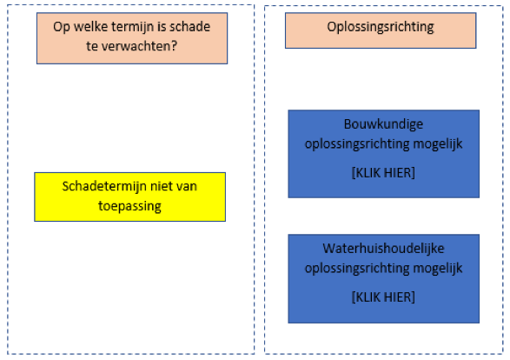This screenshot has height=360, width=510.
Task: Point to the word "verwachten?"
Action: click(139, 46)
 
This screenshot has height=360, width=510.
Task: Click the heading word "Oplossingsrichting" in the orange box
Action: click(381, 27)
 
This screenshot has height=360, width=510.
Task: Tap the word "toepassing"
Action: click(129, 207)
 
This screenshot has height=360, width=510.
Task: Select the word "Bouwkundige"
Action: click(383, 124)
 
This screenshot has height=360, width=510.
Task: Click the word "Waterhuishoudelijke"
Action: click(383, 249)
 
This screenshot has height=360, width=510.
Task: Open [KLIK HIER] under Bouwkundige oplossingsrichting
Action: click(383, 173)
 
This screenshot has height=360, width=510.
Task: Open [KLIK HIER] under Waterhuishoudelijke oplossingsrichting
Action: click(383, 297)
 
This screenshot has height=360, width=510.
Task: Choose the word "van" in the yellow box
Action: click(187, 187)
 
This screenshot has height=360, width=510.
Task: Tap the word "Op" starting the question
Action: click(62, 27)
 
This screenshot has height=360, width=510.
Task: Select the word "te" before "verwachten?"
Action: click(92, 47)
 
